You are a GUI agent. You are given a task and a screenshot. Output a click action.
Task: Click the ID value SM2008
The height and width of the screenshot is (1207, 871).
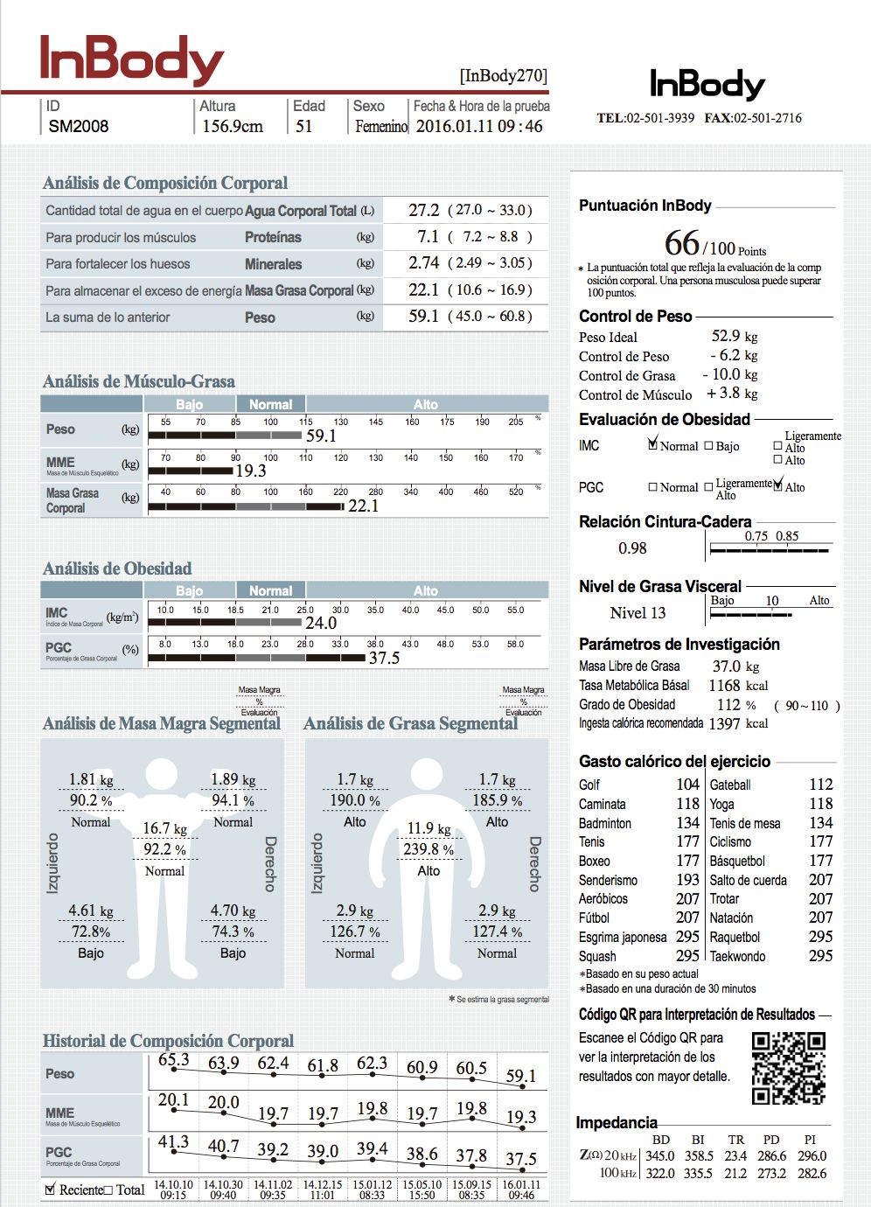[x=79, y=126]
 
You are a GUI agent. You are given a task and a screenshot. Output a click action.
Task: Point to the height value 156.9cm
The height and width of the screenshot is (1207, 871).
[x=232, y=126]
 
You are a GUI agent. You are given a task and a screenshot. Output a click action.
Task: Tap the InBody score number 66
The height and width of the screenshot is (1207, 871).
[x=682, y=243]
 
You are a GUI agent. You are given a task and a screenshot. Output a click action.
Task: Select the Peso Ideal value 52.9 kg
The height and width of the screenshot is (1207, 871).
[x=735, y=336]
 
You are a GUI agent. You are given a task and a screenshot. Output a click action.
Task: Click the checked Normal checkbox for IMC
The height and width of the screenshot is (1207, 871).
[x=653, y=444]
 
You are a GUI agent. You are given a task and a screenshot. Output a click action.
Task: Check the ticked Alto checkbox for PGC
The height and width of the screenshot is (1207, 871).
[x=778, y=485]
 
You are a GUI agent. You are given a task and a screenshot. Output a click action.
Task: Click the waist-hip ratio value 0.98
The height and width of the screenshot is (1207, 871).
[x=632, y=548]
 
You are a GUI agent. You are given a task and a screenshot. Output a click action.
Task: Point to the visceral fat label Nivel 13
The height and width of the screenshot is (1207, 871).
[x=638, y=613]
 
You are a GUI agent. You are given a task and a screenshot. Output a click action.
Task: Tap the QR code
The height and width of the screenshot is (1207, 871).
[x=789, y=1068]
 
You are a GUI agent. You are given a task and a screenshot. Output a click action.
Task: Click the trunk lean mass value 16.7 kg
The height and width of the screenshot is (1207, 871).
[x=164, y=828]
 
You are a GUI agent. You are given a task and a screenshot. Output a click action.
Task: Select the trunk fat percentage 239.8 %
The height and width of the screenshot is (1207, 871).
[x=429, y=849]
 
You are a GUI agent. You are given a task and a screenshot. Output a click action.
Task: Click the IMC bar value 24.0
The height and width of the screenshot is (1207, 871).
[x=321, y=623]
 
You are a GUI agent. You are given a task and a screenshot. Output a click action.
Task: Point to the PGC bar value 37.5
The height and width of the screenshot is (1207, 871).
[x=384, y=658]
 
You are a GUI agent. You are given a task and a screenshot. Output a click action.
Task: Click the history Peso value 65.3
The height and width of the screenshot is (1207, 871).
[x=173, y=1060]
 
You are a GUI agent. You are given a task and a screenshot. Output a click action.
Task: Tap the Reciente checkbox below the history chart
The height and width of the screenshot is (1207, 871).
[x=50, y=1190]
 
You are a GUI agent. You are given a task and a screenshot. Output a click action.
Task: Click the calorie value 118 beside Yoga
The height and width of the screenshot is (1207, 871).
[x=820, y=804]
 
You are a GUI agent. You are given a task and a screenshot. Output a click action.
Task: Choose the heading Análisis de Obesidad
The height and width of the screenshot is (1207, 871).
[x=117, y=569]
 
